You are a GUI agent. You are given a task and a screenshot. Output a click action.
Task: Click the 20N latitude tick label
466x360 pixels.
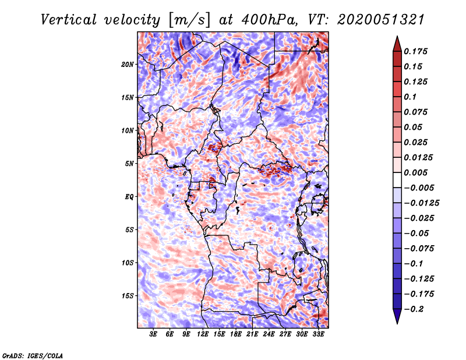click(128, 64)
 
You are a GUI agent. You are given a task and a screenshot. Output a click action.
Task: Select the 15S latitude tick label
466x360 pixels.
click(128, 296)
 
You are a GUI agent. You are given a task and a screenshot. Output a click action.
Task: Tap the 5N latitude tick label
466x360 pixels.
click(129, 164)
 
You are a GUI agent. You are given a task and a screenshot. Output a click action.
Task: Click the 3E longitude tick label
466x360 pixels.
click(153, 335)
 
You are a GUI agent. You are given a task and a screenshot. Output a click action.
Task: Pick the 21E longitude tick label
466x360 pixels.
click(252, 335)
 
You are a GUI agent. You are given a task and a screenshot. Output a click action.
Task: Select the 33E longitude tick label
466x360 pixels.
click(318, 335)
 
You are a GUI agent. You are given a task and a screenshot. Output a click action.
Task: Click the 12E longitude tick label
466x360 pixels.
click(203, 335)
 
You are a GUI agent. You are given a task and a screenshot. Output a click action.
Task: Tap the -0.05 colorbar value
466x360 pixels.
click(416, 233)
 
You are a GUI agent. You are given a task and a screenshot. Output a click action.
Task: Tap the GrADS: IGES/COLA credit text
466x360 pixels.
click(32, 355)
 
